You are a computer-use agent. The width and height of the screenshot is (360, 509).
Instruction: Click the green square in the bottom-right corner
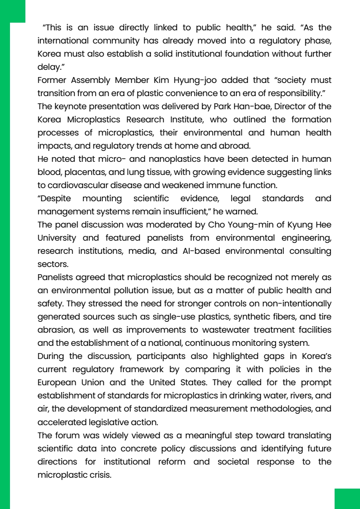[x=347, y=499]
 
